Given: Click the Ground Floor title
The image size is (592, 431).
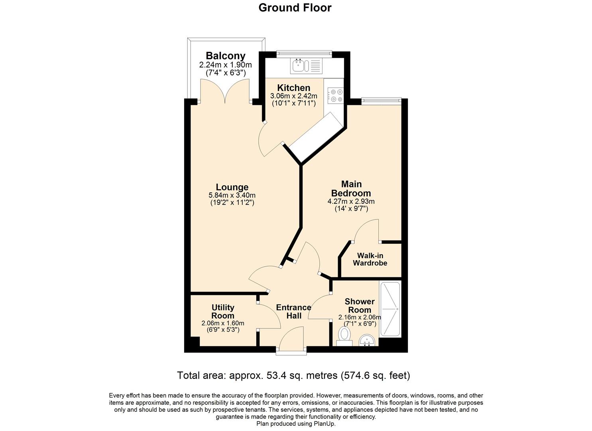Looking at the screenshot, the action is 295,8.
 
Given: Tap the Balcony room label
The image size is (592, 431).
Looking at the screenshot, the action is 225,56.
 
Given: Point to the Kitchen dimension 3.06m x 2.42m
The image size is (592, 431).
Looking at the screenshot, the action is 293,96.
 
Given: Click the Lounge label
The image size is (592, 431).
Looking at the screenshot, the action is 232,187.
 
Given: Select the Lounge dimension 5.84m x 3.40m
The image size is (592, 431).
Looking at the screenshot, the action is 232,196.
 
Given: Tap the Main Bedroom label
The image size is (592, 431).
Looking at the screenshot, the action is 351,189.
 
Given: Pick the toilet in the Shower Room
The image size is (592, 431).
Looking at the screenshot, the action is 344,335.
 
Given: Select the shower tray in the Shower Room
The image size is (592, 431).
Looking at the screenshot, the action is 390,309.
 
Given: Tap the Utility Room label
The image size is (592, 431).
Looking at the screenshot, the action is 223,312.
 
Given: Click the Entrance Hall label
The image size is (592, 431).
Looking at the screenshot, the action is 294,312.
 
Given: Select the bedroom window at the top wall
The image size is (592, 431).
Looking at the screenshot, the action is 381,100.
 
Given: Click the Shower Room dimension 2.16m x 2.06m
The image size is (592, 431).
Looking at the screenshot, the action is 359,318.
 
